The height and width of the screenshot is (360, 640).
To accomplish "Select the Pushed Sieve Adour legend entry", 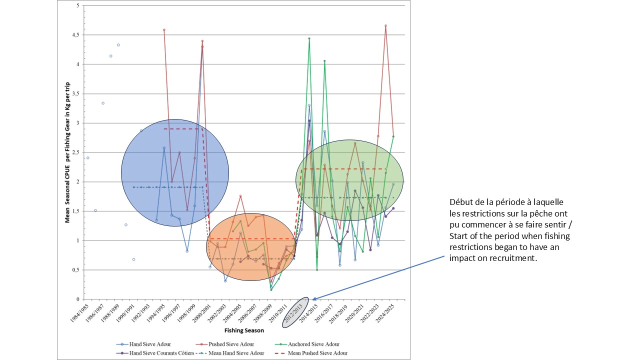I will click(x=233, y=344).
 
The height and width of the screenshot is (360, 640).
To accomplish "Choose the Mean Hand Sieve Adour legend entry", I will click(x=240, y=353).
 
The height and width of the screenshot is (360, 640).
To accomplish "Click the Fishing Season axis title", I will click(x=244, y=330).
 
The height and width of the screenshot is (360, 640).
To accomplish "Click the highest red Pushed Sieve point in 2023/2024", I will click(x=385, y=25).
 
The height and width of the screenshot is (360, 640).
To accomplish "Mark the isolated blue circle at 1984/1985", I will click(x=88, y=158).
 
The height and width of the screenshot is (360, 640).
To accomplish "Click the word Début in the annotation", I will click(x=460, y=202).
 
